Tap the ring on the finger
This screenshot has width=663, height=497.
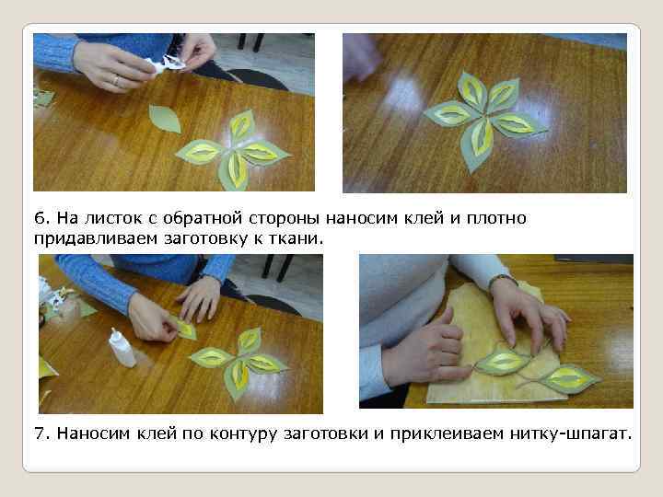[116, 80]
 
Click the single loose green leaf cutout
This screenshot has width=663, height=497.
[165, 119]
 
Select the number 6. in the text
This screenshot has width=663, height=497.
[41, 218]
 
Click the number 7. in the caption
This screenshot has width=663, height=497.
[42, 433]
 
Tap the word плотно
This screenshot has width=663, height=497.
[496, 218]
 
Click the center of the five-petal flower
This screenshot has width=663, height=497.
[485, 114]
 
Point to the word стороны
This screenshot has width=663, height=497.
[285, 218]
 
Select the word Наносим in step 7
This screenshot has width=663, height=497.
[93, 433]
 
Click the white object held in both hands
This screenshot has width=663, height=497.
[167, 64]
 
